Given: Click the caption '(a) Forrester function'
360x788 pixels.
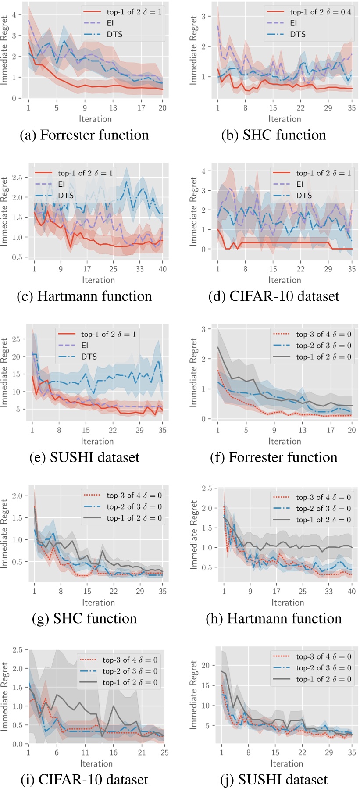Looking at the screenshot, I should point(85,135).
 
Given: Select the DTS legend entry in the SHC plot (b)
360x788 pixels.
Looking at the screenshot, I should point(297,34).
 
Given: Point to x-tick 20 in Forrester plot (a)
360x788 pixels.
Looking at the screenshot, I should point(162,108).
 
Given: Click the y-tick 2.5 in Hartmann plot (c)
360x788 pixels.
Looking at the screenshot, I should point(18,178).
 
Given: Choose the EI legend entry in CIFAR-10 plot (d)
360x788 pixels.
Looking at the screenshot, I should point(299,184).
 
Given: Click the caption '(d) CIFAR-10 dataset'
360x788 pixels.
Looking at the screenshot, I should point(274,296).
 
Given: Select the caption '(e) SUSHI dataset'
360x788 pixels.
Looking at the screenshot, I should point(84,457).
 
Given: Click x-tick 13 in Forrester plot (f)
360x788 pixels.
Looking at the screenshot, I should point(303,430).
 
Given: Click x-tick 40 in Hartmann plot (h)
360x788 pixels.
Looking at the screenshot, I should point(352,592).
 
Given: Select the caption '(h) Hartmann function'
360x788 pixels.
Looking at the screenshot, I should point(274,619).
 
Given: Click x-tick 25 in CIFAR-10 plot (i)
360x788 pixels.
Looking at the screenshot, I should point(164,752).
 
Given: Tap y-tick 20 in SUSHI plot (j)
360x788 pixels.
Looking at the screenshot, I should point(205,665).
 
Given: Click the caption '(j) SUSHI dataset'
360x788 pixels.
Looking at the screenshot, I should point(274,780).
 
